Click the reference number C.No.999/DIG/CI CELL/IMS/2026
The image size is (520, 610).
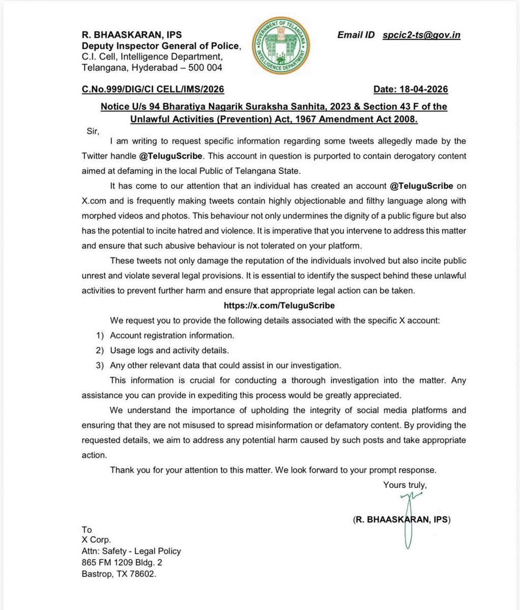[153, 89]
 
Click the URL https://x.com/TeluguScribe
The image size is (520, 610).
[279, 306]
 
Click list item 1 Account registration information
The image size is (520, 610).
[171, 335]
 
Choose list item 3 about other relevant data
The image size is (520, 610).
[224, 365]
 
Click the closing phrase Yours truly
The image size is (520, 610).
[405, 485]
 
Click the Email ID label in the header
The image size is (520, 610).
[356, 35]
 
